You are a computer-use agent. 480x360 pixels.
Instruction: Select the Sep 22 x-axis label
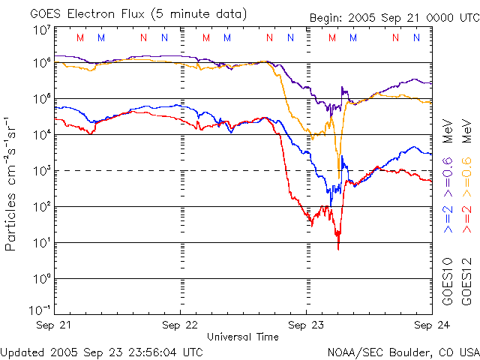coord(181,325)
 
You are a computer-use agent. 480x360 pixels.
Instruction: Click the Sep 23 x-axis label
coord(307,325)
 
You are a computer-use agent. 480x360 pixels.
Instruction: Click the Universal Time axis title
coord(242,337)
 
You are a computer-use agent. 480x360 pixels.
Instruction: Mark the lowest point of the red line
coord(338,248)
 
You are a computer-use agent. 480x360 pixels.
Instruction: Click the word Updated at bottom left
coord(23,351)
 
